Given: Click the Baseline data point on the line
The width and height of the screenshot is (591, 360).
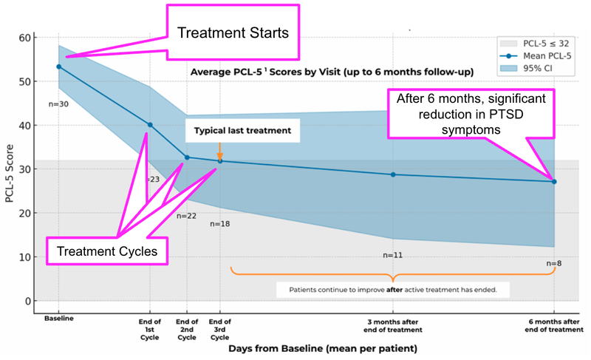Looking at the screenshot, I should tap(59, 67).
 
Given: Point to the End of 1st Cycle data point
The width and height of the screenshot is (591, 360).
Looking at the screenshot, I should tap(150, 125).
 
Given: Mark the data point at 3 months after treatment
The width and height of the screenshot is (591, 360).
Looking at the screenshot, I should tap(393, 174).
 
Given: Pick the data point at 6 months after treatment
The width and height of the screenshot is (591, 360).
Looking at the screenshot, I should tap(554, 181).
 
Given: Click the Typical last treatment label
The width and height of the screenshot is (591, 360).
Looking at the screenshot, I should tap(233, 130).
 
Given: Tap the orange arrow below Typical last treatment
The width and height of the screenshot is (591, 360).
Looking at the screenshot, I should tap(219, 151).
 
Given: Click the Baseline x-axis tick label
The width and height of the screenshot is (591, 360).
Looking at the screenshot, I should tap(58, 319).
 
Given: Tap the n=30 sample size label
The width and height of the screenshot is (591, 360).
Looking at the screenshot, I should tap(58, 103).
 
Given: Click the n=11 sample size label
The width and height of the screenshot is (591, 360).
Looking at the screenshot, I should tap(393, 254).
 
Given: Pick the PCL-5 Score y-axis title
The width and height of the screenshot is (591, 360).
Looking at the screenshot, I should tap(9, 169).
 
